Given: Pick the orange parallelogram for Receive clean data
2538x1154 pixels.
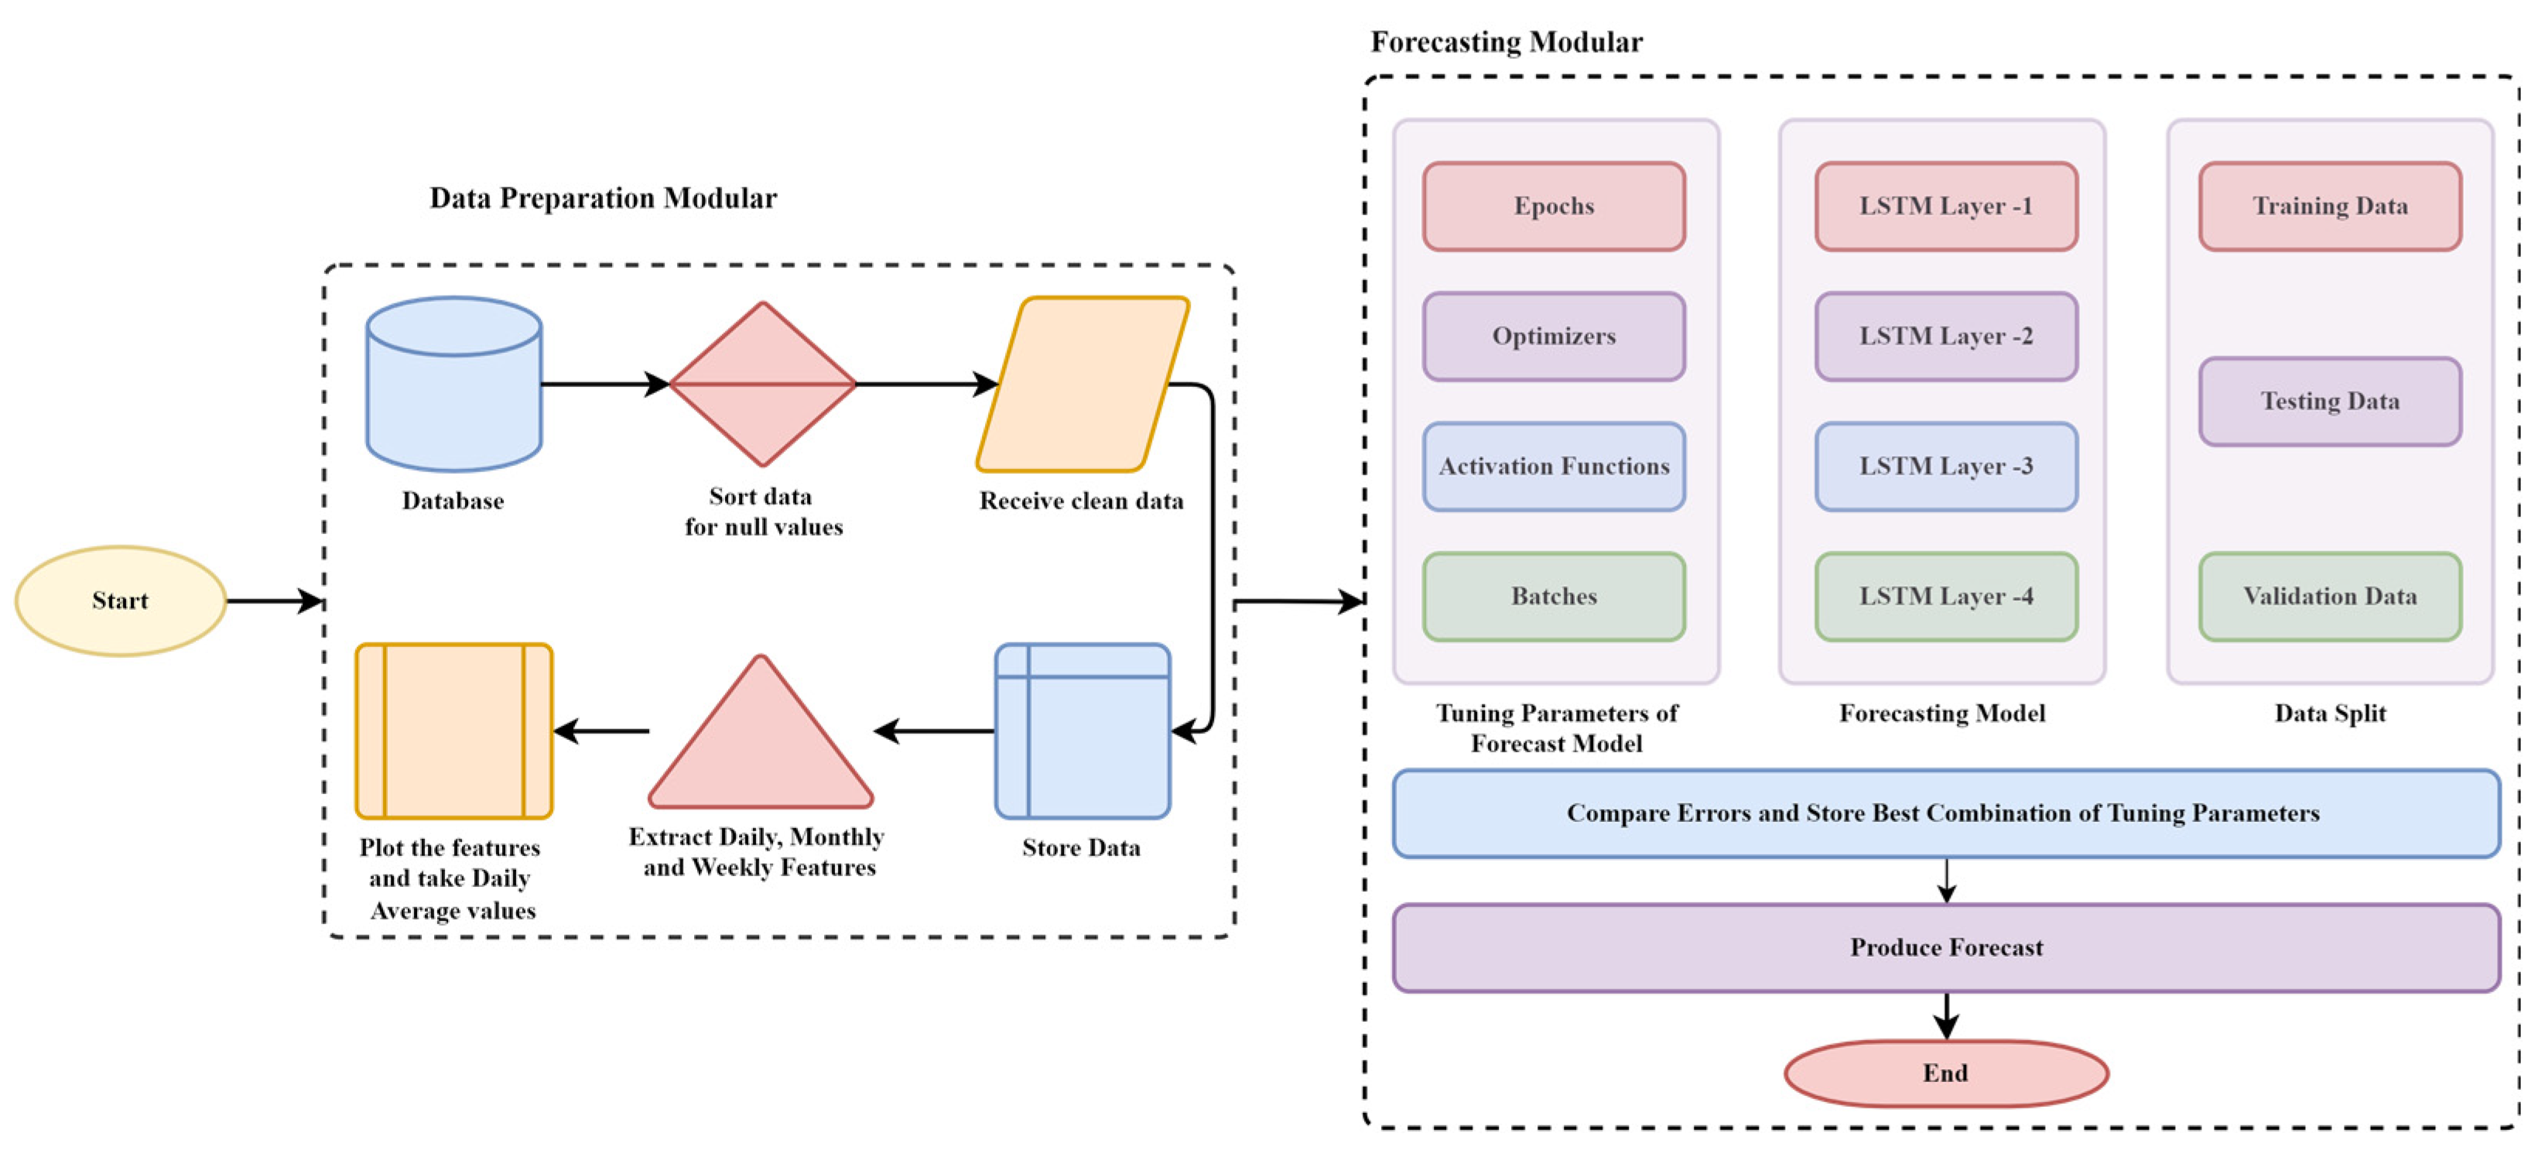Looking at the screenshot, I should pos(1082,385).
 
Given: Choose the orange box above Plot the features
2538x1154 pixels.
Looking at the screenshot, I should pos(453,731).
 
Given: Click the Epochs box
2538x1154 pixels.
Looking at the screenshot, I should pos(1554,206).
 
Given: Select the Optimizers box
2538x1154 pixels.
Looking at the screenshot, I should pos(1554,336).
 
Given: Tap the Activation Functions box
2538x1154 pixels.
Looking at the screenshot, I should pos(1554,466).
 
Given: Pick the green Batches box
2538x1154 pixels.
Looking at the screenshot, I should pos(1554,596).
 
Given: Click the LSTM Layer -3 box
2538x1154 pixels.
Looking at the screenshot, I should pos(1946,466).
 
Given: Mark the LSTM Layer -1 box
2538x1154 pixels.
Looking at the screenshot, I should pos(1946,206).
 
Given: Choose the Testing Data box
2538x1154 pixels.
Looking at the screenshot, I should pos(2329,401).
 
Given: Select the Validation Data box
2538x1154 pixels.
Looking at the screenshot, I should pos(2329,596).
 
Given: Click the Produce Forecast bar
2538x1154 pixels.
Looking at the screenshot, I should pos(1946,947).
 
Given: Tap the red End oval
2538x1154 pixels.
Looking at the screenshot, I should pos(1946,1074).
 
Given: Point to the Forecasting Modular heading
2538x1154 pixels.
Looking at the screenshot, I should pos(1506,43).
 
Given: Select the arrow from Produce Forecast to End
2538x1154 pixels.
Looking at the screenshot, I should pos(1946,1015).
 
